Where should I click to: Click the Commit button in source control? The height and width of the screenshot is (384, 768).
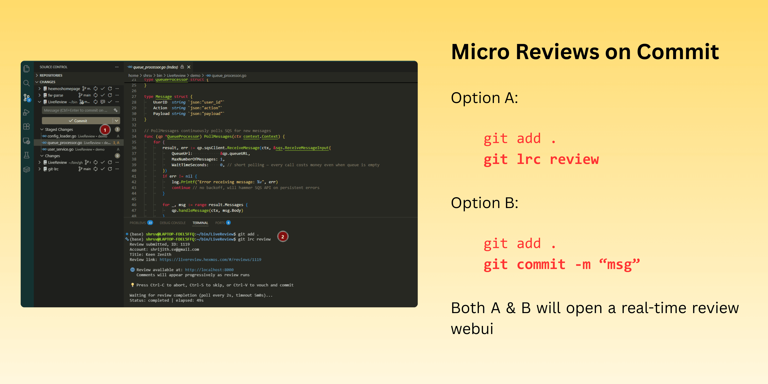[x=78, y=121]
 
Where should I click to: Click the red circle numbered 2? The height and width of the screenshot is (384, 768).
[x=283, y=237]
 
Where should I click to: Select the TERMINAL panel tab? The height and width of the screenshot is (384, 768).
[x=200, y=223]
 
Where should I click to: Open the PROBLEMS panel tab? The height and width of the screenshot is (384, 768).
[x=138, y=223]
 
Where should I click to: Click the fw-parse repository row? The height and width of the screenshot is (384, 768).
[x=56, y=95]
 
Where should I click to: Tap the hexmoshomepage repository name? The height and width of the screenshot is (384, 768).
[x=64, y=89]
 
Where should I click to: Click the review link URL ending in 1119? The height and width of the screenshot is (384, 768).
[x=210, y=260]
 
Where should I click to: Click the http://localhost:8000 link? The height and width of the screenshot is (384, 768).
[x=209, y=270]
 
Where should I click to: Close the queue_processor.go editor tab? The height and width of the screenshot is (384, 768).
[x=189, y=67]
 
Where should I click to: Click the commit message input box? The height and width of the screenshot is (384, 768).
[x=76, y=110]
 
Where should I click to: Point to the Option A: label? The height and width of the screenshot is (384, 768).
[x=484, y=98]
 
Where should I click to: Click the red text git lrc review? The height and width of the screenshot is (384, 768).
[x=541, y=159]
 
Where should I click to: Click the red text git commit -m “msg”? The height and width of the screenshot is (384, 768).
[x=561, y=265]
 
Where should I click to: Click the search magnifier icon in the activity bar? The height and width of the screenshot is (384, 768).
[x=27, y=83]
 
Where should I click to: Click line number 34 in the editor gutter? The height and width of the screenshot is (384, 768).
[x=134, y=137]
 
